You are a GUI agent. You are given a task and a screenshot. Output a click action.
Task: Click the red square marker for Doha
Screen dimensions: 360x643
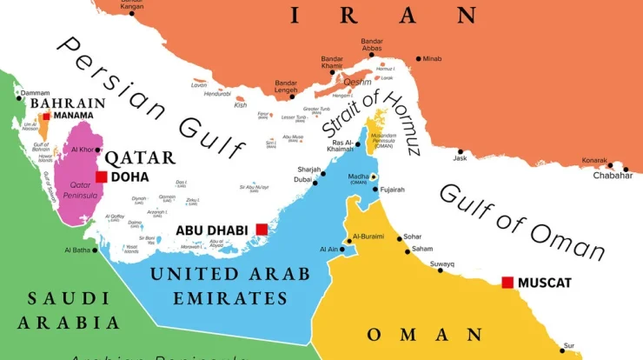(102, 177)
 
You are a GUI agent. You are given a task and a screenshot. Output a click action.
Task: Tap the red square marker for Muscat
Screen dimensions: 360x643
(507, 283)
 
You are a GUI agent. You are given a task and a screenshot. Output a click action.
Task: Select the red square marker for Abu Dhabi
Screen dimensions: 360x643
(262, 230)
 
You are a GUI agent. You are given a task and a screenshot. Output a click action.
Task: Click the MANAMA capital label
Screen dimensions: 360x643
(73, 115)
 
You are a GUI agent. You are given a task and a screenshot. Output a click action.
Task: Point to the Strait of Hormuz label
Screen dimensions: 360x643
(364, 112)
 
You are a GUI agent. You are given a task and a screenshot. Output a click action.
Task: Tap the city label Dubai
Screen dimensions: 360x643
(302, 180)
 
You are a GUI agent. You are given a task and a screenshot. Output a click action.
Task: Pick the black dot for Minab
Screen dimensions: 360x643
(418, 58)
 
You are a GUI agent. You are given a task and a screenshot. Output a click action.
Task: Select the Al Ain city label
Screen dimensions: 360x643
(328, 250)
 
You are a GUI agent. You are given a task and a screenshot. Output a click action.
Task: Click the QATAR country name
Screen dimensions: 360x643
(140, 157)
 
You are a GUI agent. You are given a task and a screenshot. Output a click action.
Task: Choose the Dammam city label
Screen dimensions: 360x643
(36, 93)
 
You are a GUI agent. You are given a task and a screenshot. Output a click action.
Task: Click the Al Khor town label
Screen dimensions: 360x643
(82, 150)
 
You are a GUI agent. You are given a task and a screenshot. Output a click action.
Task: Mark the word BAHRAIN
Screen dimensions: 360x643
(68, 103)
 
